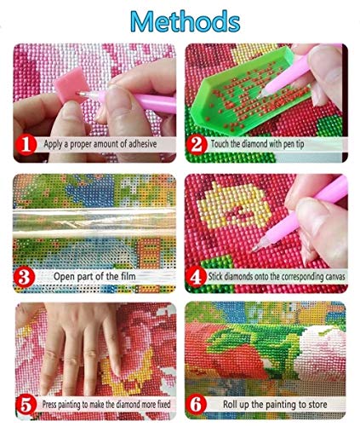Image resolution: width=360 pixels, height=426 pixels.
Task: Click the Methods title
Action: pos(186,22)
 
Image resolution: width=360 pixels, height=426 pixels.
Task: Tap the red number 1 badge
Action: pos(26,145)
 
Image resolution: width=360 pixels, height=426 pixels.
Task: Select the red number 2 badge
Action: pos(197,145)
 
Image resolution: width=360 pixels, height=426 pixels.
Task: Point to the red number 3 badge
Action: pos(25,277)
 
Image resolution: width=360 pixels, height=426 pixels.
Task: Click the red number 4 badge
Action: pos(196,277)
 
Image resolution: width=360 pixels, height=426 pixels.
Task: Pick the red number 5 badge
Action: pos(26,405)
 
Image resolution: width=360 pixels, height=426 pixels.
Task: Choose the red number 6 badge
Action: pos(197,405)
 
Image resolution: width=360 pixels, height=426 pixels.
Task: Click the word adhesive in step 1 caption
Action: pos(143,144)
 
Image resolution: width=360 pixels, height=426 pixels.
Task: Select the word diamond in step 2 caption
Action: pos(254,144)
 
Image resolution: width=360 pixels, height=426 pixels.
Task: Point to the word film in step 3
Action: pos(128,276)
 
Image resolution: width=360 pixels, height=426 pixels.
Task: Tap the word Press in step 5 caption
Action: pos(49,404)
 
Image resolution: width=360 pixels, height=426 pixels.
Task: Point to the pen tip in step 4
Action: pos(254,250)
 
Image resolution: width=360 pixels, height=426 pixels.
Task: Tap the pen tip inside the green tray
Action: pos(260,95)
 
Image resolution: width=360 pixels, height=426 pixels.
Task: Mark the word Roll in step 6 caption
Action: pos(230,404)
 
